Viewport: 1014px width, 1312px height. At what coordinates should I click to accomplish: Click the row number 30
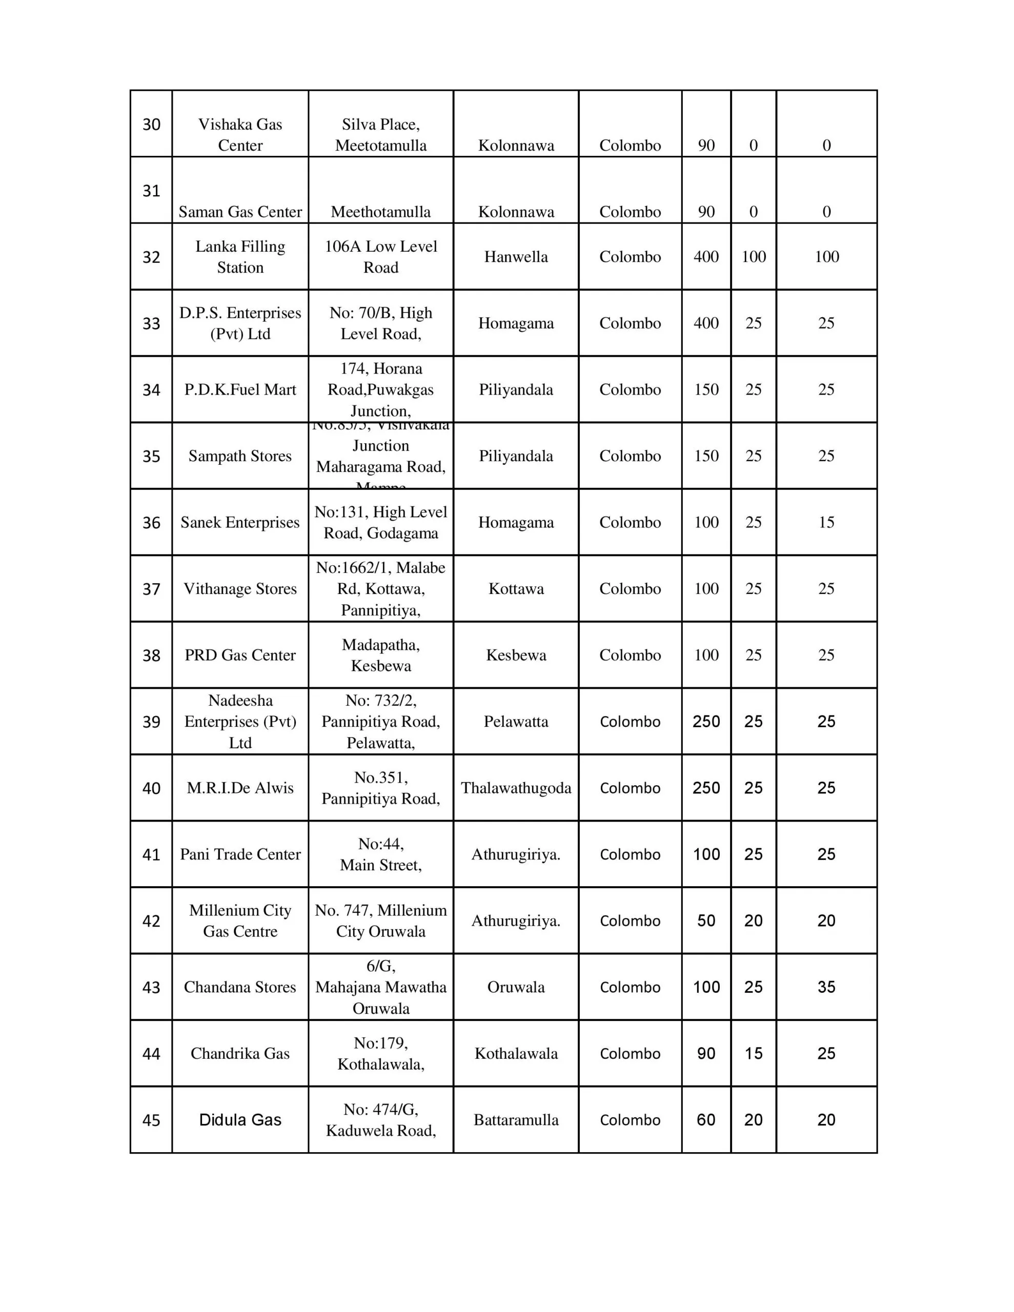151,125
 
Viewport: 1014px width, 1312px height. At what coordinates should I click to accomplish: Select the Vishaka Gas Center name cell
240,135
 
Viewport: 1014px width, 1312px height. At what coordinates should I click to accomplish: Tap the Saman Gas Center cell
240,212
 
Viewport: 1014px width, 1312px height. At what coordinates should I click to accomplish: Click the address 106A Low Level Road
380,257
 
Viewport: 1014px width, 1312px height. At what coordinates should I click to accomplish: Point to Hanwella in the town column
516,257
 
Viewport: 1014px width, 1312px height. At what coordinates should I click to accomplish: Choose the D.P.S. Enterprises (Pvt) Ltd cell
240,323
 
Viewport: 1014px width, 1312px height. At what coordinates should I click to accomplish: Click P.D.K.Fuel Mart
240,390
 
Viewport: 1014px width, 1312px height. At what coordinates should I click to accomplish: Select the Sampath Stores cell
240,456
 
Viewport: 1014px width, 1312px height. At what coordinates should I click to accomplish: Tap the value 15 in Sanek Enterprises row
826,522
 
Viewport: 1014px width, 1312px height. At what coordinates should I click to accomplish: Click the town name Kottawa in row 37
516,589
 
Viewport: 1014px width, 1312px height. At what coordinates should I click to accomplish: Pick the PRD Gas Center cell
240,655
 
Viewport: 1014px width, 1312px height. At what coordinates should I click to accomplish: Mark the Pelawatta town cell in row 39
516,722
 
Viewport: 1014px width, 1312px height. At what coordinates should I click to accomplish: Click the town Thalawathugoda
516,788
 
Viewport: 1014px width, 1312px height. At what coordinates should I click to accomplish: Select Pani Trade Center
240,854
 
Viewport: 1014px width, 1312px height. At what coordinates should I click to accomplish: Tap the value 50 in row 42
706,920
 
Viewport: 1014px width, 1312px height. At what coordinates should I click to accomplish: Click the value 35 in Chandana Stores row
826,987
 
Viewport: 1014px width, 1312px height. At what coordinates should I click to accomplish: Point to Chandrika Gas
240,1053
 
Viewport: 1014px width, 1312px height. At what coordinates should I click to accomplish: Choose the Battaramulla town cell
516,1120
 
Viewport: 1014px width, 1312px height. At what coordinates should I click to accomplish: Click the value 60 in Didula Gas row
706,1120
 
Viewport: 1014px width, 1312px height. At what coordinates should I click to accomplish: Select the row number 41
151,854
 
